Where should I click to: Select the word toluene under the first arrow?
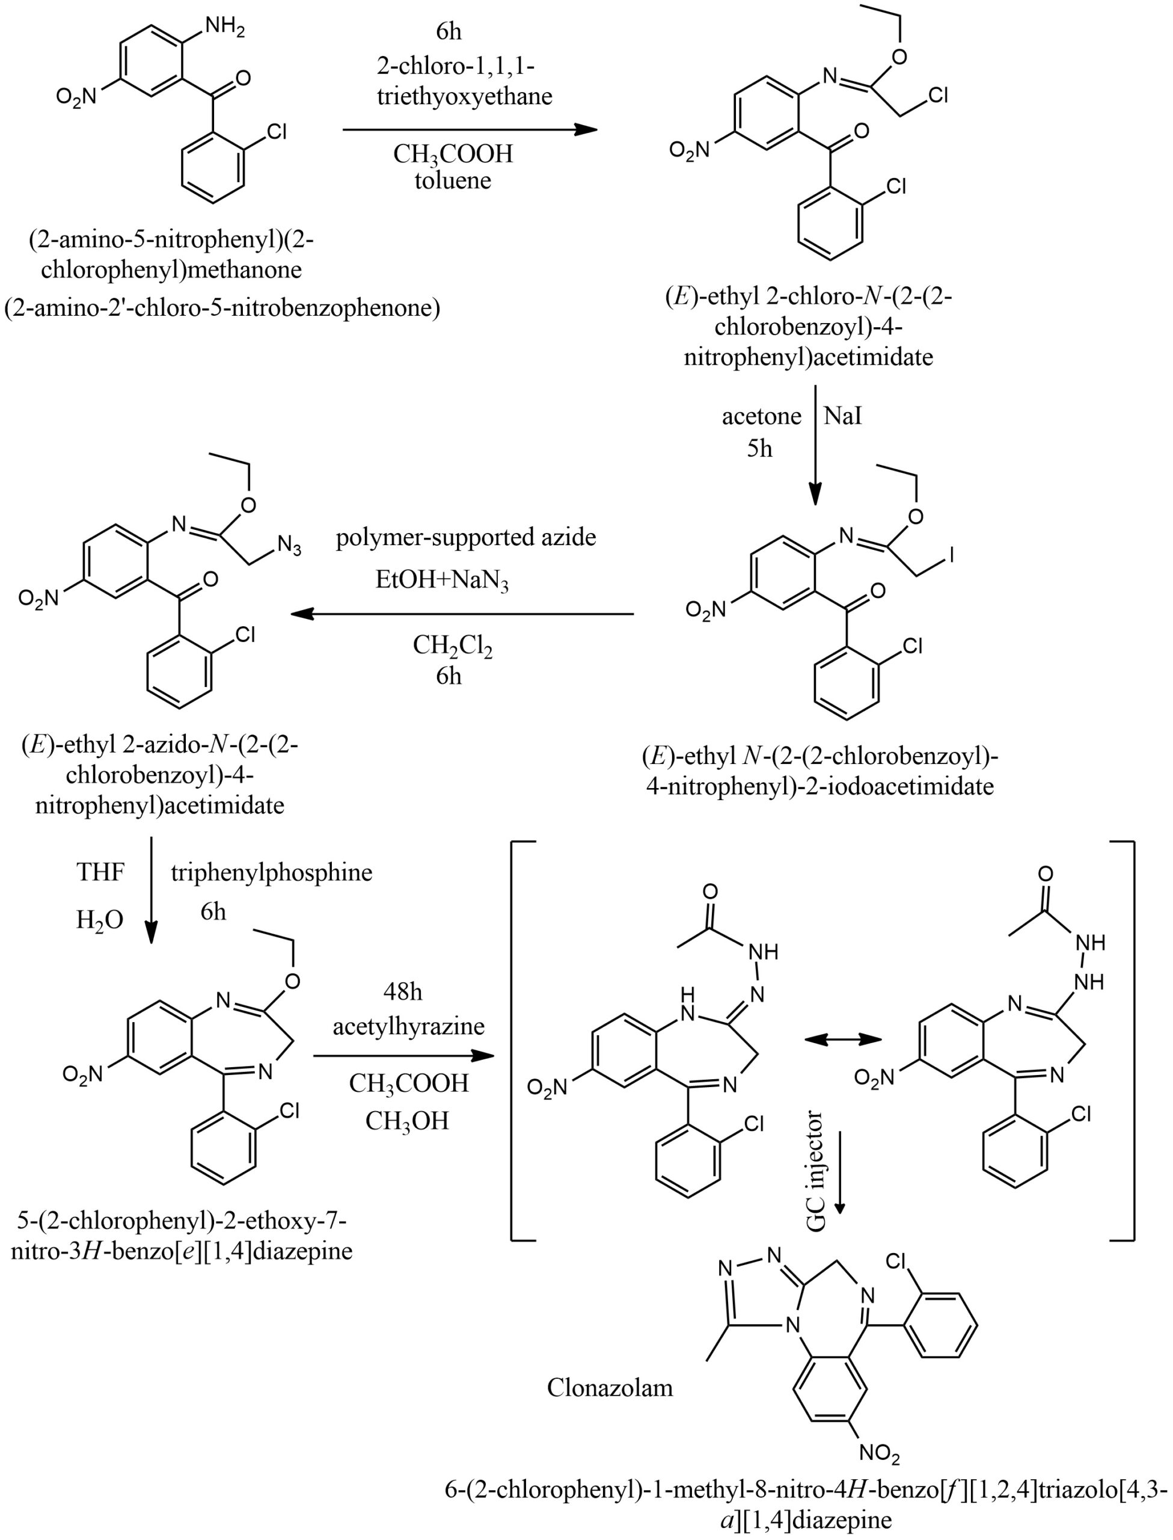(x=453, y=181)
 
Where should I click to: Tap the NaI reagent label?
(x=843, y=416)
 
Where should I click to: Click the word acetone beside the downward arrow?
(x=762, y=416)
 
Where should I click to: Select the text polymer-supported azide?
(x=466, y=537)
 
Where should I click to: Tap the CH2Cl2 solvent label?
(x=453, y=645)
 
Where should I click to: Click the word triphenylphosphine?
(x=272, y=872)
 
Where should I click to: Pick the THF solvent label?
(x=100, y=872)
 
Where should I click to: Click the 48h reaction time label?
(x=403, y=992)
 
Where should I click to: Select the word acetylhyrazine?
(x=408, y=1026)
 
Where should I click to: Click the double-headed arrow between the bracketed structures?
(x=843, y=1040)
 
